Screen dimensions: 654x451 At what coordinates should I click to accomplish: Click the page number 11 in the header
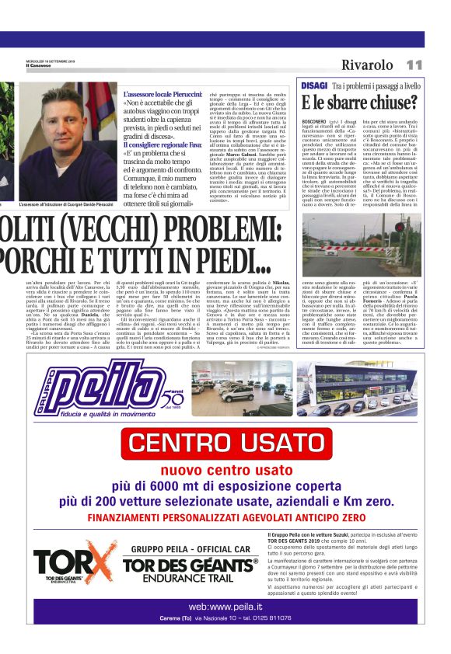tap(414, 65)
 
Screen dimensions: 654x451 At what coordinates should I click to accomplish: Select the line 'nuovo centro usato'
tap(226, 471)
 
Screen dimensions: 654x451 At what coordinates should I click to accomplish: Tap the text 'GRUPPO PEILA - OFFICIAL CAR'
tap(190, 548)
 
